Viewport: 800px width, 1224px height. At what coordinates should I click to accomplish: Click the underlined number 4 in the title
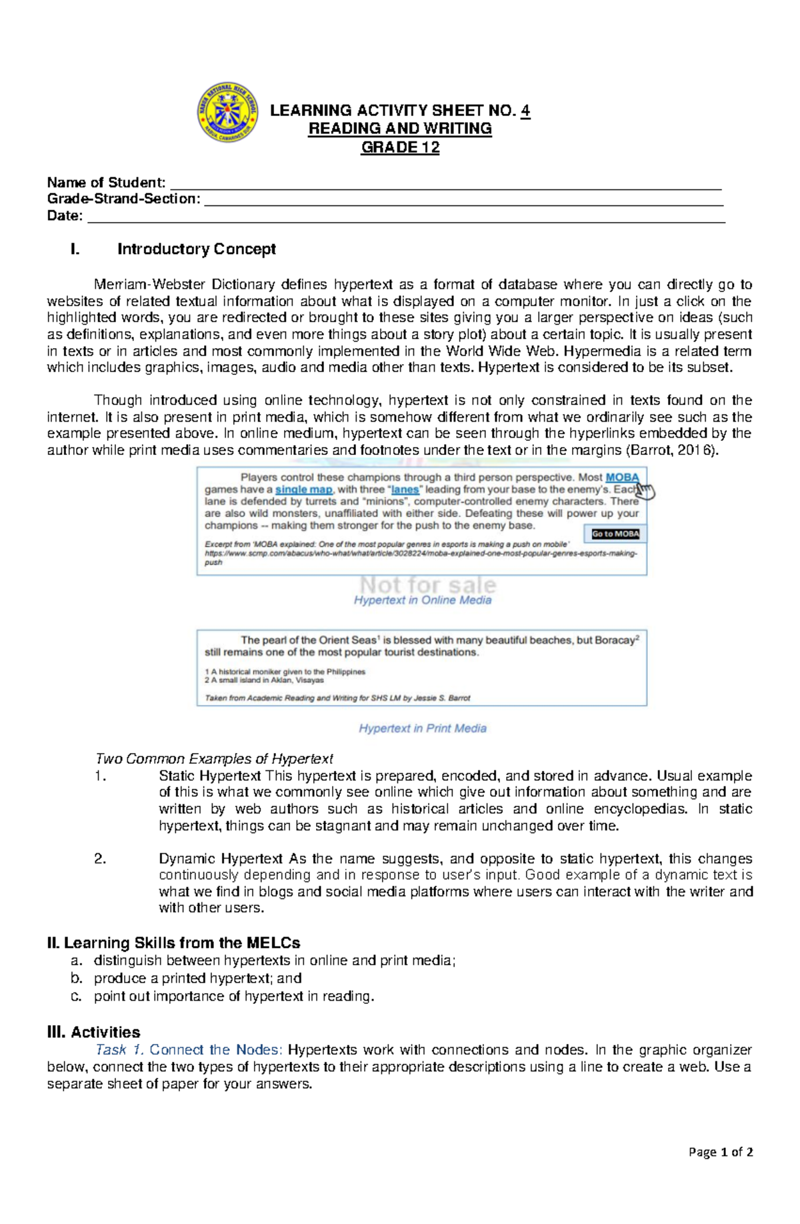click(525, 111)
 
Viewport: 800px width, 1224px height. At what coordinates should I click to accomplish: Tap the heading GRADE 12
click(400, 147)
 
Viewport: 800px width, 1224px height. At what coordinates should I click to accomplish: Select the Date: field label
click(65, 215)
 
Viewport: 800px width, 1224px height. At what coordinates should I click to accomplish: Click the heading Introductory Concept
click(196, 249)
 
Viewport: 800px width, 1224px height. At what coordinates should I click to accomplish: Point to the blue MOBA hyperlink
click(621, 478)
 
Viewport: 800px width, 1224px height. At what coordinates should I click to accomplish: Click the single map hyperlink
click(303, 490)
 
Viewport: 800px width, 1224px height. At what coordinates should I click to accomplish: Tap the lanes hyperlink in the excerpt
click(405, 490)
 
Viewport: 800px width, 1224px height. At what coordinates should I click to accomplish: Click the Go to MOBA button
click(615, 534)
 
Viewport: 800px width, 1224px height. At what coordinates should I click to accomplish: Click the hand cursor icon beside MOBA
click(645, 491)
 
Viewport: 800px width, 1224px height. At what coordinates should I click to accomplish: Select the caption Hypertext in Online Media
click(422, 600)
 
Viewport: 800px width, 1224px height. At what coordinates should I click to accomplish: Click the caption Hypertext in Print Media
click(422, 728)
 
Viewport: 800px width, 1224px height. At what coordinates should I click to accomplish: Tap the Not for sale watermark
click(428, 585)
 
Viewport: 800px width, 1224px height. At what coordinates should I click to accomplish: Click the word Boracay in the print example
click(614, 640)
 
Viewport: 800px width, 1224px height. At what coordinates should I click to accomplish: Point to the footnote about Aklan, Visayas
click(265, 680)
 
